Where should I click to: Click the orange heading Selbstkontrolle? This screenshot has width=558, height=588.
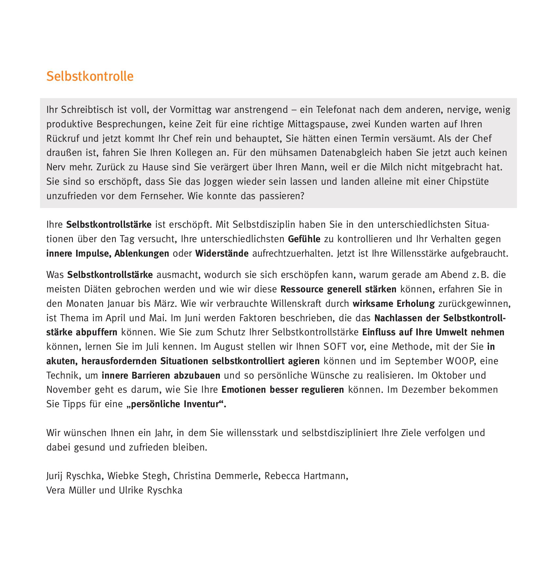[x=90, y=76]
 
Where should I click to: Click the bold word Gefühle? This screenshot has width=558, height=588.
[x=304, y=239]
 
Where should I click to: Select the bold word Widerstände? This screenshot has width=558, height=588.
[x=222, y=254]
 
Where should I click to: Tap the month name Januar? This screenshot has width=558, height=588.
[x=120, y=304]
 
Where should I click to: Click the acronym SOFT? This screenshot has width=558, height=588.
[x=335, y=347]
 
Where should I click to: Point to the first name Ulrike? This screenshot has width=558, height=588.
[x=132, y=491]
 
